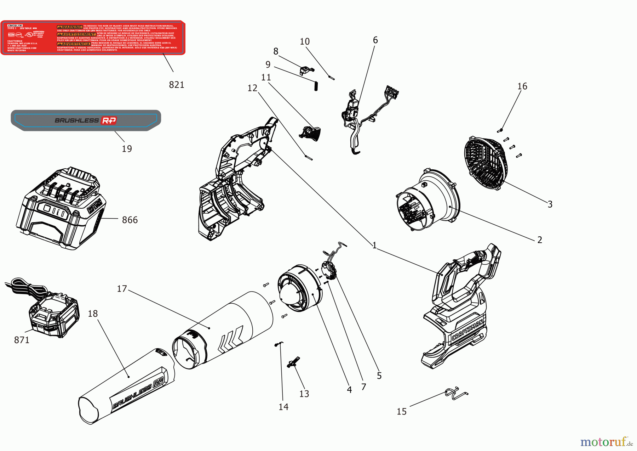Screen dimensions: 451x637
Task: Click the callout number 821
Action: (177, 85)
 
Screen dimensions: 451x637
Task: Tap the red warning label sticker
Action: (93, 38)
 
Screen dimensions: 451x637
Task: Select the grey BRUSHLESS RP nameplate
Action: (86, 120)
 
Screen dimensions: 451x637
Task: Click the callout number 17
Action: (122, 289)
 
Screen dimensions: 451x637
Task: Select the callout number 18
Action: (93, 314)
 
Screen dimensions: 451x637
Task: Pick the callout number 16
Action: (522, 86)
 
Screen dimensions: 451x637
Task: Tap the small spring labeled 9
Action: (316, 86)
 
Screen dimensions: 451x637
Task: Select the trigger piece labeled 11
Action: (311, 133)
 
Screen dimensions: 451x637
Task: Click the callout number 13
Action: (304, 394)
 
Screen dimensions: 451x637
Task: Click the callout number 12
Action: (252, 88)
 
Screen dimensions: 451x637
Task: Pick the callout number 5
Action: (379, 376)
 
